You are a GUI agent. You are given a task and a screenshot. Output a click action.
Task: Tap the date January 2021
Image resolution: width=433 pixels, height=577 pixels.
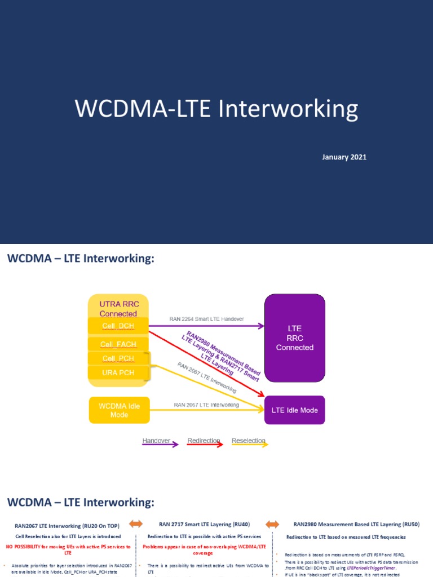coord(344,157)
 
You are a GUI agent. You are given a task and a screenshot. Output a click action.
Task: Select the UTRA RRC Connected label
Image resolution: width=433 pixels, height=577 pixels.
coord(118,309)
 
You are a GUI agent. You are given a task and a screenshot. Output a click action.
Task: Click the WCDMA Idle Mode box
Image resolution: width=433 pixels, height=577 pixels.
coord(118,410)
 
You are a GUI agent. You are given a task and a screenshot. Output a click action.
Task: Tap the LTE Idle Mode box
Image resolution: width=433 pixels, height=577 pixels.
coord(294,410)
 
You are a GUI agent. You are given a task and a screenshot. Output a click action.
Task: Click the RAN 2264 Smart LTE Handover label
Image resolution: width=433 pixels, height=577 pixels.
coord(206,319)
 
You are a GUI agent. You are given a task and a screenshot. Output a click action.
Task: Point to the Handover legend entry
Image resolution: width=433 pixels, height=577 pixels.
coord(156,441)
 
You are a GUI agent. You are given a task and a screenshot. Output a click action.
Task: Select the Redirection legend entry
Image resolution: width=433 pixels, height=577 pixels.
coord(204,441)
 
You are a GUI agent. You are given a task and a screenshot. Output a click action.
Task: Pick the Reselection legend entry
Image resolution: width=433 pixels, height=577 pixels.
coord(248,441)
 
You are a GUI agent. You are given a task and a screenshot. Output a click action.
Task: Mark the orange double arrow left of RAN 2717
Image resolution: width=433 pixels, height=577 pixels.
coord(136,524)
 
